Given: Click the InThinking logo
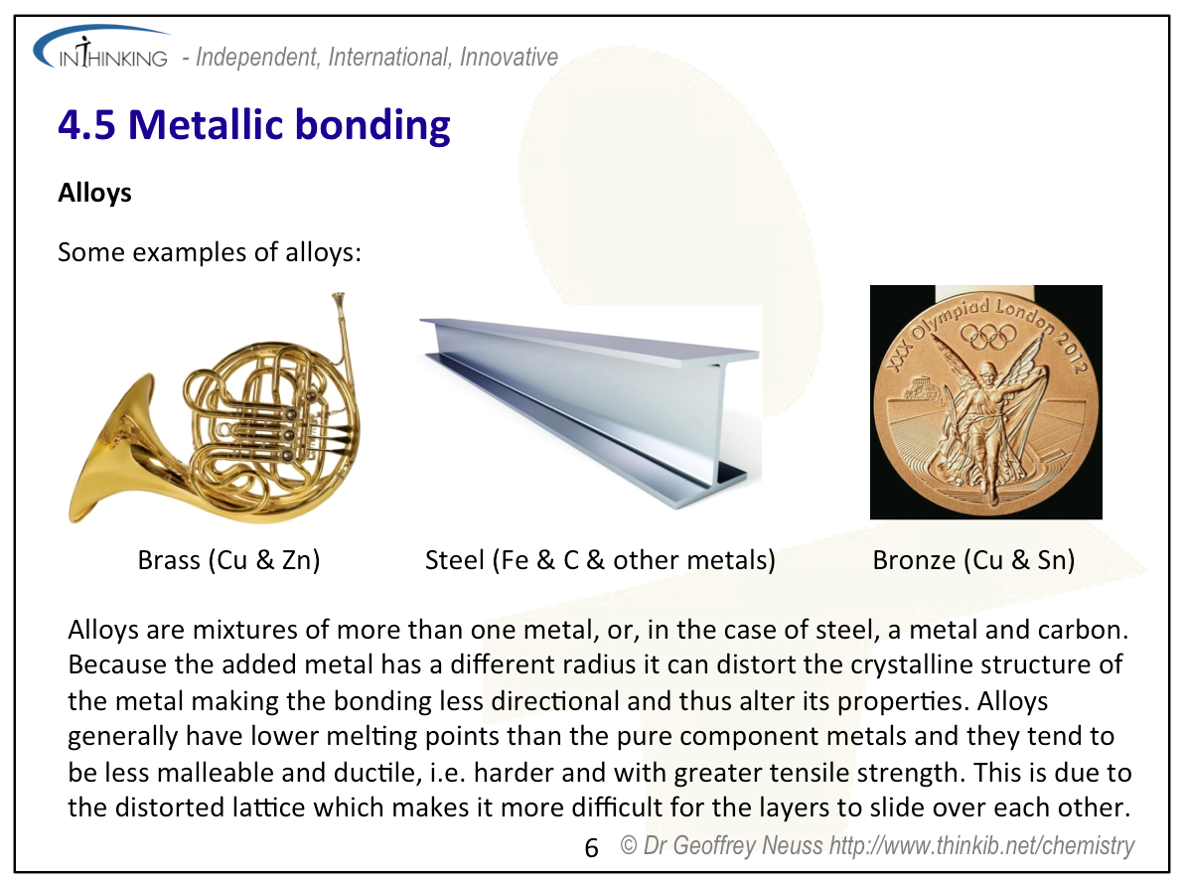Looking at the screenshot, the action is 101,49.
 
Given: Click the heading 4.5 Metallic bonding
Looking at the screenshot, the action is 254,124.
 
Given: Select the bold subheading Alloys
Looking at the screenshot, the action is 94,193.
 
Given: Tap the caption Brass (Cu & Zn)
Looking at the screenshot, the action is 228,560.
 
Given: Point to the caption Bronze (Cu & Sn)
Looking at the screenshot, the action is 973,560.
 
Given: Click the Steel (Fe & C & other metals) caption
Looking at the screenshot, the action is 600,560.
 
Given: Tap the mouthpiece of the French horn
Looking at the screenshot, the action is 338,299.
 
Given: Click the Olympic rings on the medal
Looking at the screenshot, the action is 987,336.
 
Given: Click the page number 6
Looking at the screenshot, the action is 592,848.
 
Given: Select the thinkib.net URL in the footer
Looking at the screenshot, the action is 981,846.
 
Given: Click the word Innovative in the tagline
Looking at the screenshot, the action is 509,58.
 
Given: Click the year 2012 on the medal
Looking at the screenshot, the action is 1069,351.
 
